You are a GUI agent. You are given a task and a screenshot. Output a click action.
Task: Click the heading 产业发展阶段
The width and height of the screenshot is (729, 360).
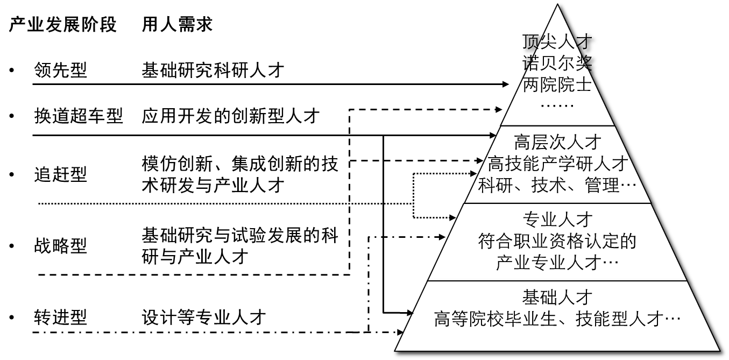(62, 24)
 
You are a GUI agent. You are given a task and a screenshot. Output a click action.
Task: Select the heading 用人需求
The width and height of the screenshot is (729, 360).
(178, 24)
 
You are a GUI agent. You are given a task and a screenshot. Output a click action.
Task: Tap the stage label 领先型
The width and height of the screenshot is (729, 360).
(61, 70)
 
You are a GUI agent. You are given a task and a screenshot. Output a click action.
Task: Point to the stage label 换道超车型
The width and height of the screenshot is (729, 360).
(79, 116)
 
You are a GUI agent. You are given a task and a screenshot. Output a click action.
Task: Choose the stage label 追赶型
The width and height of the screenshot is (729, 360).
(61, 174)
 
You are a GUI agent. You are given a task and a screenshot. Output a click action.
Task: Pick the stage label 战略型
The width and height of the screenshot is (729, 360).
(61, 246)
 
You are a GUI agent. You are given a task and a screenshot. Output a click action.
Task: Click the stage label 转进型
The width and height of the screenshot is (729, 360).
(61, 317)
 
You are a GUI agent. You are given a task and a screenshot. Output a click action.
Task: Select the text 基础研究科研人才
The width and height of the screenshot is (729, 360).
(213, 70)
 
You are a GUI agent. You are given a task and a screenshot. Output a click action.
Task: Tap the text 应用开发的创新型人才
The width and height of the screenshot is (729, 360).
(231, 116)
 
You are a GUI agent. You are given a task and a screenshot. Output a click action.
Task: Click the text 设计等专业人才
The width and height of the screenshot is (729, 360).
(204, 317)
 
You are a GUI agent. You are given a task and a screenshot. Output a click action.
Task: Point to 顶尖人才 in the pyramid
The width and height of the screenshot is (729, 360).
(557, 41)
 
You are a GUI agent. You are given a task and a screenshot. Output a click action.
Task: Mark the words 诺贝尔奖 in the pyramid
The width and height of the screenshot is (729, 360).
(557, 63)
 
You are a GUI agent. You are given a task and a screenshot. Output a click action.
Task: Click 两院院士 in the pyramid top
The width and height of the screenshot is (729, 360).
(557, 84)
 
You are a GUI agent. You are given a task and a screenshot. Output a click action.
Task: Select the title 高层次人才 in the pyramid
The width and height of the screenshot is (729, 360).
(557, 142)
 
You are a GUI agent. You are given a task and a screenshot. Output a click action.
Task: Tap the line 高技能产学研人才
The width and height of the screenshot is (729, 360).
(557, 164)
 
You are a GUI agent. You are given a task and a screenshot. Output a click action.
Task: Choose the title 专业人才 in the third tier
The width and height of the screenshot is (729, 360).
(557, 220)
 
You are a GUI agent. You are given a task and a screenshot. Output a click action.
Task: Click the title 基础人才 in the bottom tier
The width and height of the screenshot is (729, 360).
(557, 297)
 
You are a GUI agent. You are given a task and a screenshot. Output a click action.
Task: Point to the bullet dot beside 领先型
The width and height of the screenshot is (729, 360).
(12, 70)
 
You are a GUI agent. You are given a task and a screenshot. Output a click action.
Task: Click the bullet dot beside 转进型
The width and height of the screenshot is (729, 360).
(12, 317)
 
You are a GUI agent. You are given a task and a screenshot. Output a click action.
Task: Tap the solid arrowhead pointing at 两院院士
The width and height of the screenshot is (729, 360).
(505, 84)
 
